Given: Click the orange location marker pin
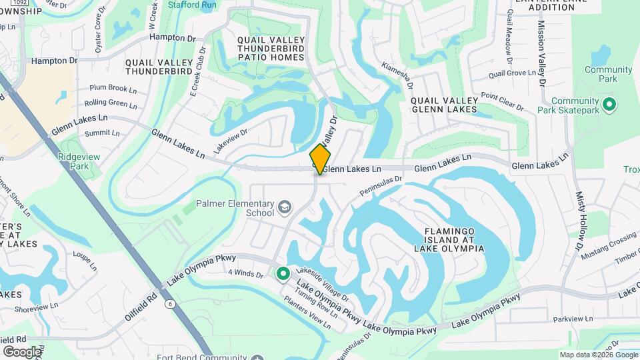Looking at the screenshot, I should (x=321, y=159).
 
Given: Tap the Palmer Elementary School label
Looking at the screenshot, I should (x=235, y=208).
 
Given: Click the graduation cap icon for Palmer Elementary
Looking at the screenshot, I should (x=285, y=207).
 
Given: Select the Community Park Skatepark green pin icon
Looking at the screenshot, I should (x=608, y=105).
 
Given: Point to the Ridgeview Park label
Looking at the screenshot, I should (x=73, y=161).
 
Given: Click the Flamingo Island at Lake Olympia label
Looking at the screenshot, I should (x=449, y=239).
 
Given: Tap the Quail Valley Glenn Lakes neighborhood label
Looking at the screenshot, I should (x=444, y=105).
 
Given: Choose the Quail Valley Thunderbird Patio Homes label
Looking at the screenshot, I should (x=271, y=49).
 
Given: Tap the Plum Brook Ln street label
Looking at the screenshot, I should (x=113, y=88).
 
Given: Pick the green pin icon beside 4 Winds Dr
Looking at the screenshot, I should (x=283, y=273).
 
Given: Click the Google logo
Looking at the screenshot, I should (x=22, y=351).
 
